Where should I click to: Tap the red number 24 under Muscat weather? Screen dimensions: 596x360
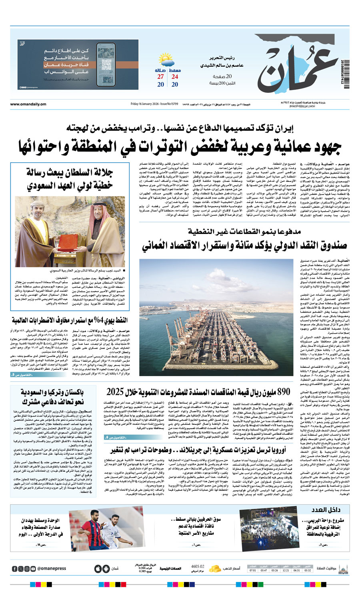click(175, 77)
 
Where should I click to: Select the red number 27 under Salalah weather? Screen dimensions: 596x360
click(160, 77)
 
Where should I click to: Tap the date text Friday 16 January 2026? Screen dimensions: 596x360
click(145, 104)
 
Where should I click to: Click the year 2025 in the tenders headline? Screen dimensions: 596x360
click(116, 392)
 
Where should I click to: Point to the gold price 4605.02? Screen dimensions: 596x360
click(198, 566)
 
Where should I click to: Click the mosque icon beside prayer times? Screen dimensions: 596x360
click(342, 568)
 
